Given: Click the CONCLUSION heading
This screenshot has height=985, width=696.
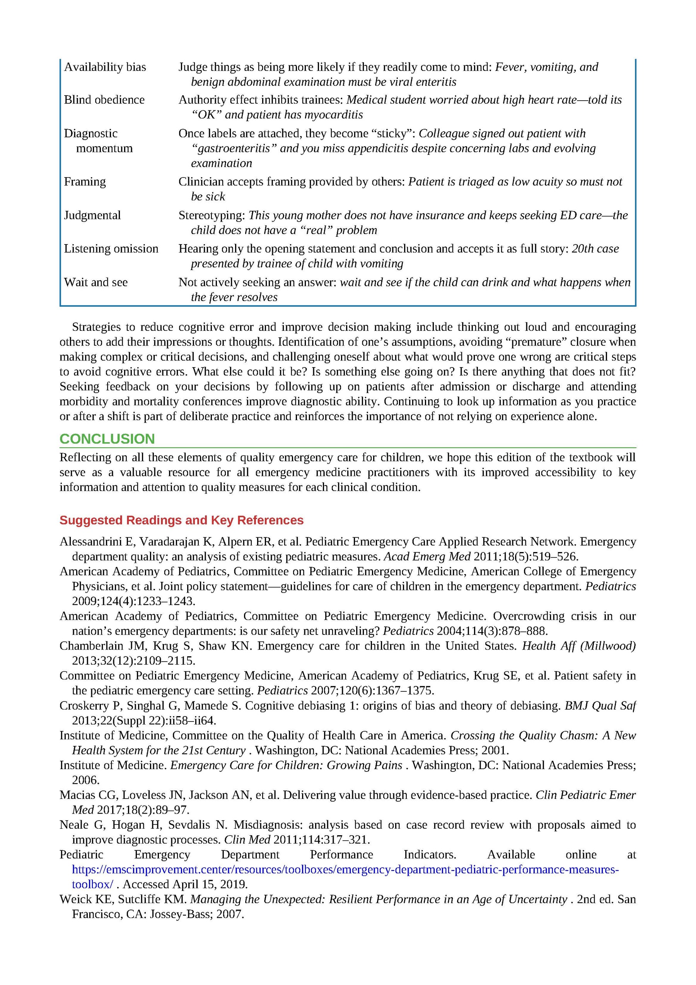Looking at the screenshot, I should (x=107, y=439).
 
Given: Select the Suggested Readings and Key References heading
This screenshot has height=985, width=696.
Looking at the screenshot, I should (x=181, y=520).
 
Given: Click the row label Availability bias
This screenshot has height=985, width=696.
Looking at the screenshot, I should (x=105, y=67).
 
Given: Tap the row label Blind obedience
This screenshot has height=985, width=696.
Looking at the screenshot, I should (x=104, y=100).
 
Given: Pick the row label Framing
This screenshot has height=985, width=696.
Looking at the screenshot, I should (x=85, y=181).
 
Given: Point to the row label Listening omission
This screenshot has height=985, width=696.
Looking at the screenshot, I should (x=111, y=248).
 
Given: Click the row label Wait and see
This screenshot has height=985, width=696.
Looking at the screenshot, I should (x=96, y=282).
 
